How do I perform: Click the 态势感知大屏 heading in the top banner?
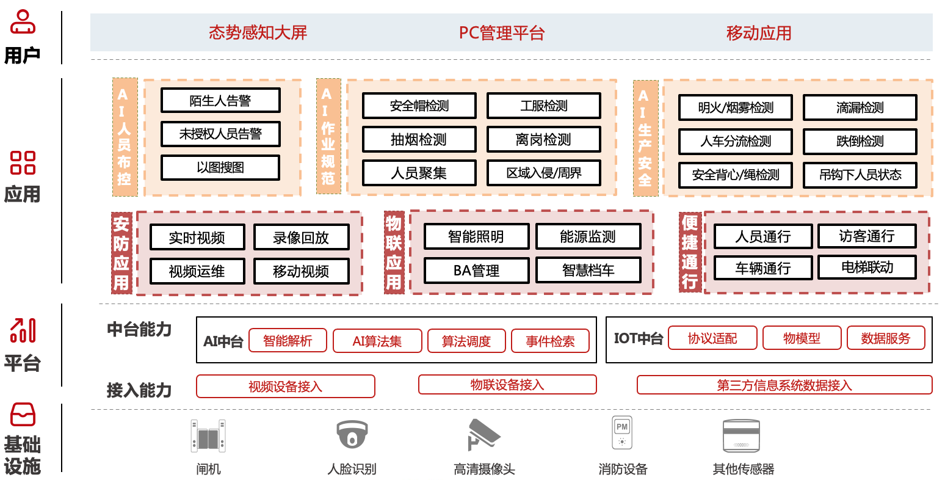258,32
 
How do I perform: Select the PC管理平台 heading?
501,33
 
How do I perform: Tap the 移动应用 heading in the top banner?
759,33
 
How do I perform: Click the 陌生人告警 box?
220,101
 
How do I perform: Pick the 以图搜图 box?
220,168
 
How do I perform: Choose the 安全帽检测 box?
419,106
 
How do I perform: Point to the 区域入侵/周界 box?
543,173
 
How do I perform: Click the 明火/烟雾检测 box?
735,108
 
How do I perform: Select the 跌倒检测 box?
860,142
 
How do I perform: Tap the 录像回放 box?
301,238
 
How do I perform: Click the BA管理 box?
476,271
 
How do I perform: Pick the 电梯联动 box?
867,267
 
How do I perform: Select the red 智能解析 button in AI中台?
287,341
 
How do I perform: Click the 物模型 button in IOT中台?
802,338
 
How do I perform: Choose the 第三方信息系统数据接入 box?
784,385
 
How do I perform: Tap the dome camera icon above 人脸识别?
352,435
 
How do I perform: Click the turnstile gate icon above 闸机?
208,435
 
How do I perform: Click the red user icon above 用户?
23,22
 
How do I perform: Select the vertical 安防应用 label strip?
121,253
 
